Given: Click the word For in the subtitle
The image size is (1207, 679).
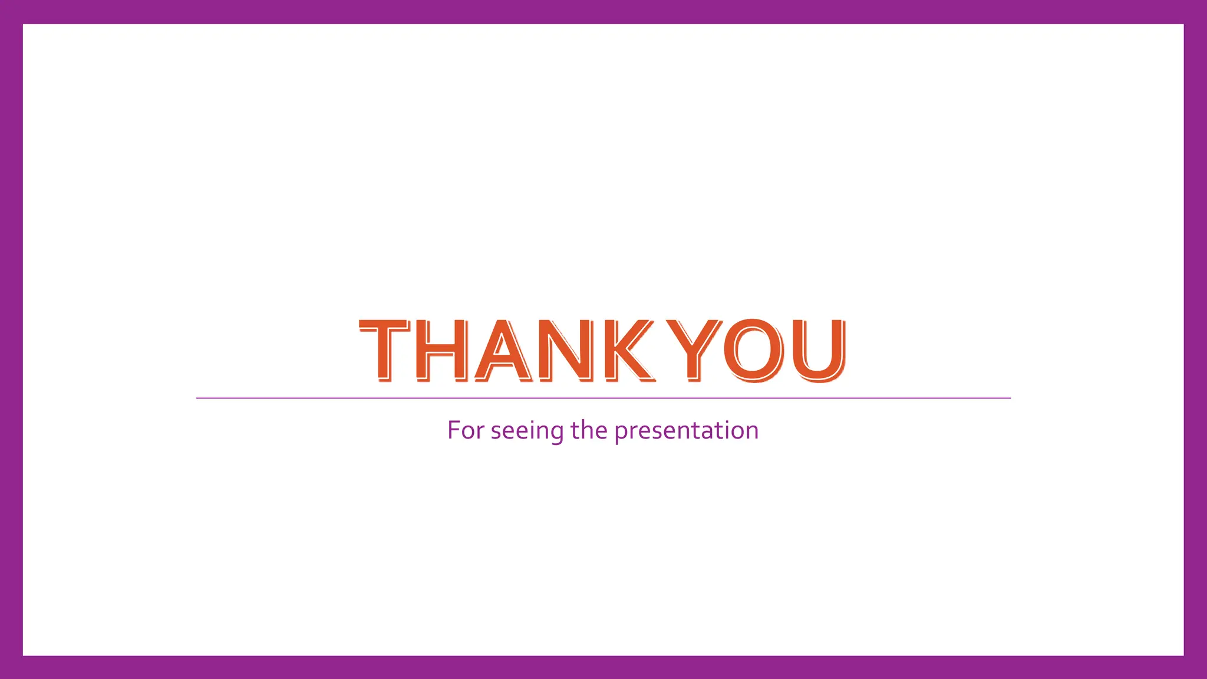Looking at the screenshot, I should point(466,430).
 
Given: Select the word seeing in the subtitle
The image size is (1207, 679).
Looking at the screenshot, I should point(527,431).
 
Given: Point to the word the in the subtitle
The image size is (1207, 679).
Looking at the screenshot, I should point(589,430).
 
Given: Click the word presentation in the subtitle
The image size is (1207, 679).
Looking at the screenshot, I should point(686,431).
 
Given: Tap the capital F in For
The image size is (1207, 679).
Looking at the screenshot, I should point(454,430).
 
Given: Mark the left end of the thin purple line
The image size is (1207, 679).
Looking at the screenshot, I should point(197,398).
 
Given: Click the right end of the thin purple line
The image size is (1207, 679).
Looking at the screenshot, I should point(1010,398).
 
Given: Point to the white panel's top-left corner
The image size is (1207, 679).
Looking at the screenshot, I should point(24,25).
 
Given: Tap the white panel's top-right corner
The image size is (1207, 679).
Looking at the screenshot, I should point(1183,25).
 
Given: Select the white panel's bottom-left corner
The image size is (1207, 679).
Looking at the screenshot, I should point(24,655).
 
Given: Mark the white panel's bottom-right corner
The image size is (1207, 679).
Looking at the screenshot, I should point(1183,655).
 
